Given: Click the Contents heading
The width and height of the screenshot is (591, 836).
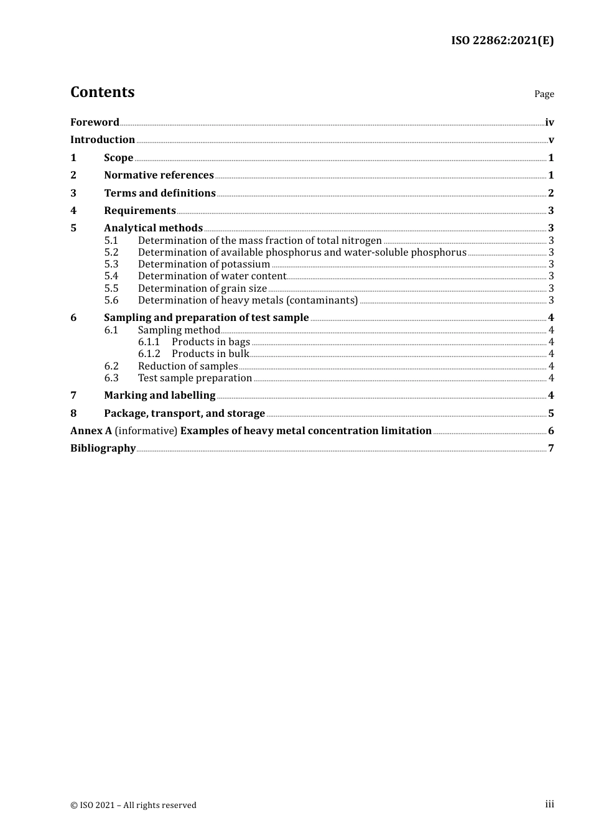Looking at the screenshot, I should click(102, 92).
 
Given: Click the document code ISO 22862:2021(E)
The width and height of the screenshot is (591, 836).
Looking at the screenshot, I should click(502, 40).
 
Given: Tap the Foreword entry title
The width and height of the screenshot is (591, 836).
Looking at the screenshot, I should click(95, 122).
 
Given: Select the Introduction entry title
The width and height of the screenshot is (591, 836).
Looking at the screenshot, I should click(103, 139).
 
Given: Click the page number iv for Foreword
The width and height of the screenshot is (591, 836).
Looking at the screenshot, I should click(549, 122).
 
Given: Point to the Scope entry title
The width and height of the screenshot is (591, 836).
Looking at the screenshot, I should click(118, 157).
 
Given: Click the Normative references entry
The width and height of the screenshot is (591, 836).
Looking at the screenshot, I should click(159, 175).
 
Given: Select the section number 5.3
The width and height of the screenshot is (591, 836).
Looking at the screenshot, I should click(111, 264).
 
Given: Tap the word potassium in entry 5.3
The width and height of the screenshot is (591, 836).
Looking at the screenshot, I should click(245, 264).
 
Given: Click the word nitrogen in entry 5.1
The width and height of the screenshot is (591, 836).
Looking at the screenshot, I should click(360, 240).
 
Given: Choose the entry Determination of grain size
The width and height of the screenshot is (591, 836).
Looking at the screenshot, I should click(202, 288).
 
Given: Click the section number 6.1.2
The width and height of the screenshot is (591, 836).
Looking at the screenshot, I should click(149, 353).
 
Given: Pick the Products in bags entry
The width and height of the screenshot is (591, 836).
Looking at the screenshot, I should click(211, 341).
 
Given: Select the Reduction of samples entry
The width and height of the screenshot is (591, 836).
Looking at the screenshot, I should click(188, 366).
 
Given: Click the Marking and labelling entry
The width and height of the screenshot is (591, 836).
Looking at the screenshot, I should click(159, 395).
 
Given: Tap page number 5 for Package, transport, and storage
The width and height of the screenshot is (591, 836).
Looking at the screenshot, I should click(551, 413).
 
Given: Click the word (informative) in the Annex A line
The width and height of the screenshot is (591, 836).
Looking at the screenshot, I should click(147, 430).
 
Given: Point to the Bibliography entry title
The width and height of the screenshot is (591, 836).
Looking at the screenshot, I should click(103, 448).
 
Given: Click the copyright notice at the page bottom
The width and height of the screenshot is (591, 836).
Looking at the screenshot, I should click(133, 805).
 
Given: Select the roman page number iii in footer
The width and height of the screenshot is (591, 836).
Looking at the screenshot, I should click(549, 804).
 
